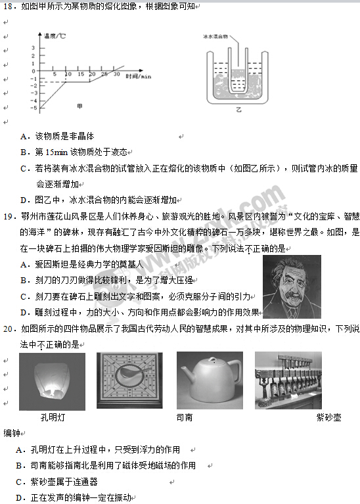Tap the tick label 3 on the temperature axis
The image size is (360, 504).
click(x=33, y=48)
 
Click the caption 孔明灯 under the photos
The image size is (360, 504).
click(x=53, y=417)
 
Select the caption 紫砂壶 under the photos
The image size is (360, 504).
click(x=328, y=417)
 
